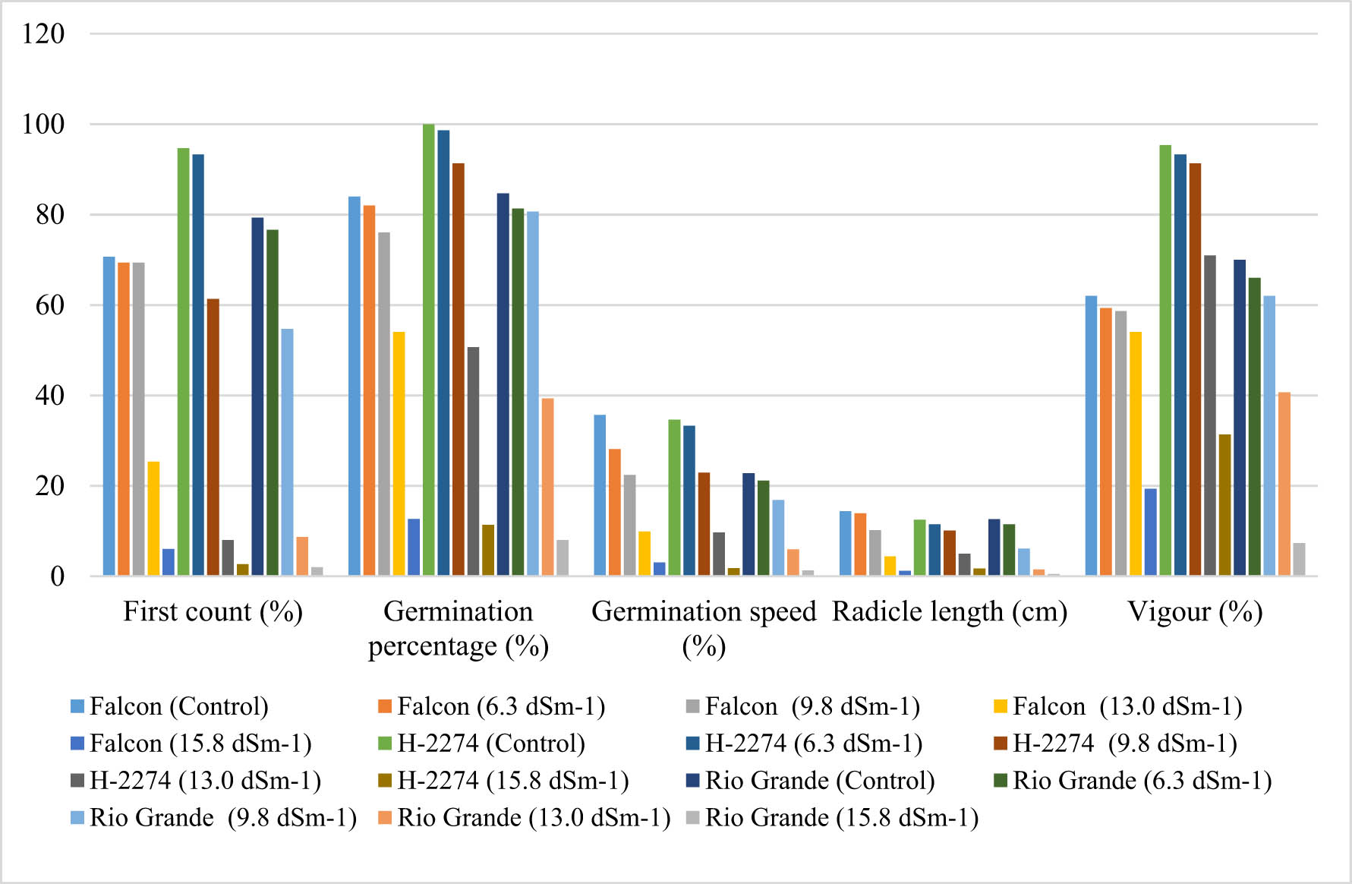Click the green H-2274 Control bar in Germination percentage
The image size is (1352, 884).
coord(429,349)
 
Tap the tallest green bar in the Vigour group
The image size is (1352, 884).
coord(1165,361)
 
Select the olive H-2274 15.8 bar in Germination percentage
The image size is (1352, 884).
coord(488,550)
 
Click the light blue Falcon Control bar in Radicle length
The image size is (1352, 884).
coord(845,544)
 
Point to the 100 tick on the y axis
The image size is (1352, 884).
coord(43,124)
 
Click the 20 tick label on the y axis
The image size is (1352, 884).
coord(49,486)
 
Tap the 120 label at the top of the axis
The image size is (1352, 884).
coord(43,33)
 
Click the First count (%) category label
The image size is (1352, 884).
coord(213,611)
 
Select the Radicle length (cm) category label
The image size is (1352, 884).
coord(950,611)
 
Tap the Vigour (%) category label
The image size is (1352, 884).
coord(1195,611)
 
